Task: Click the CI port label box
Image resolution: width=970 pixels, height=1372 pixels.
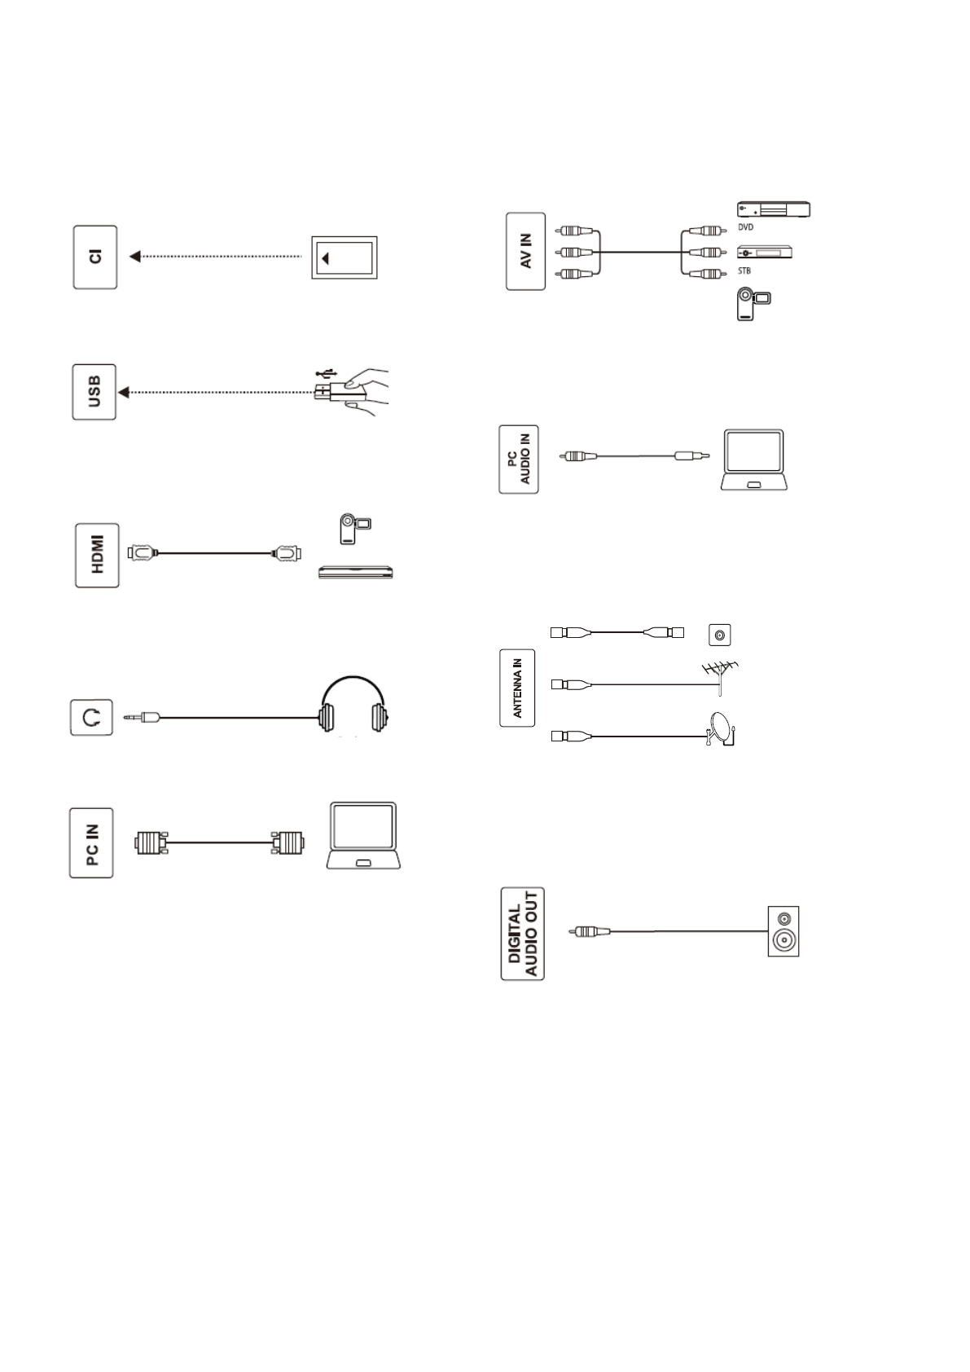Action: (95, 257)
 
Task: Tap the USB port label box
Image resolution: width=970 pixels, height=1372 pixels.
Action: (94, 392)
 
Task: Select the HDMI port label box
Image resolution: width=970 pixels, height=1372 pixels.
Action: (97, 555)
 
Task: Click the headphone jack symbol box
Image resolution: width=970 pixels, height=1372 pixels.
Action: (91, 718)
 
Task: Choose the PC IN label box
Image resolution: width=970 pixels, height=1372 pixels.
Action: (91, 842)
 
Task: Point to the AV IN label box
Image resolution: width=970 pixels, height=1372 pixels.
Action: (525, 251)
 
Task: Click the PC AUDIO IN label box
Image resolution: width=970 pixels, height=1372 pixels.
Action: (519, 458)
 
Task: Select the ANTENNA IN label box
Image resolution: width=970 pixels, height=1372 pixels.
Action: (517, 688)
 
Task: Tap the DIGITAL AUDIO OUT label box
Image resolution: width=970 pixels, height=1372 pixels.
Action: (522, 933)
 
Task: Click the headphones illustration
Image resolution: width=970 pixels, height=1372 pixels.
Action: (353, 706)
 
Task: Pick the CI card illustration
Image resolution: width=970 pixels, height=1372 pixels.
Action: (344, 258)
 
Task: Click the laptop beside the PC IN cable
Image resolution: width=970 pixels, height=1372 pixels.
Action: (362, 836)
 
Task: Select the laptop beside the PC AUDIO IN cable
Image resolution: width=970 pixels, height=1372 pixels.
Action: (754, 460)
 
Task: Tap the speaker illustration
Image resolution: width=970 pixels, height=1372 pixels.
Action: (783, 931)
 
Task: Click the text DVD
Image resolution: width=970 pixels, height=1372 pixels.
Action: (745, 228)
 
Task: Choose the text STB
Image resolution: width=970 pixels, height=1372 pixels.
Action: (744, 270)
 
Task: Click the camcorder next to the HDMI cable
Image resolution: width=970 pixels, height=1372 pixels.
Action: (355, 529)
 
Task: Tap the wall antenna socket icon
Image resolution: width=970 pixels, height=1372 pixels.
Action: (719, 634)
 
